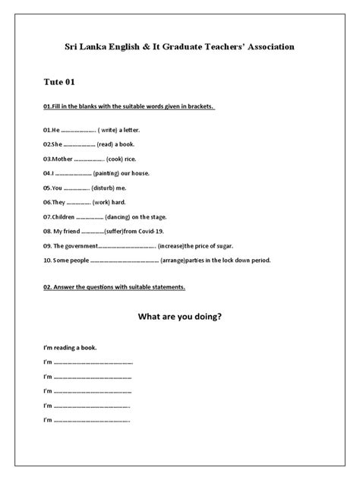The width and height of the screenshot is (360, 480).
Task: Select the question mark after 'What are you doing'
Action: [x=219, y=317]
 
